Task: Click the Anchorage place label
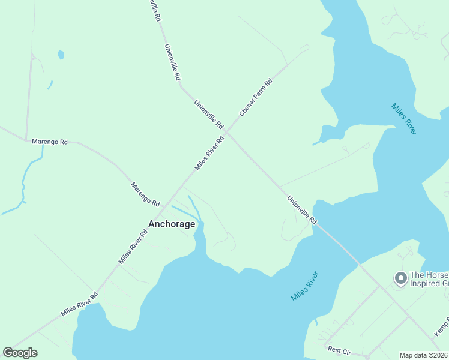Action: coord(172,224)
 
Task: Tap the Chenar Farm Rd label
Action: coord(256,97)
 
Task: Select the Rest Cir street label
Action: coord(338,349)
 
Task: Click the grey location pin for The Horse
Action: coord(400,278)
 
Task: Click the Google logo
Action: coord(20,353)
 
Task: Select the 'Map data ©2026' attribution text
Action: coord(423,355)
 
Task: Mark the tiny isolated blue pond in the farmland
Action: coord(61,55)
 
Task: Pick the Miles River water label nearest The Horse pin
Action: coord(403,119)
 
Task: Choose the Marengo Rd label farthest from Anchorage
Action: coord(50,142)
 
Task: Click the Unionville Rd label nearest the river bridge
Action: coord(301,210)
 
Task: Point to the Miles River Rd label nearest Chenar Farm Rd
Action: coord(209,152)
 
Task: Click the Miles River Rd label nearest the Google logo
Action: coord(79,305)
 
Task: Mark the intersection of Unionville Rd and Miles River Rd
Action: coord(228,132)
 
